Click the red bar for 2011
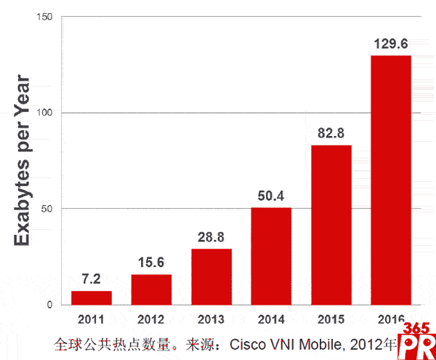pyautogui.click(x=92, y=297)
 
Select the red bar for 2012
pyautogui.click(x=151, y=289)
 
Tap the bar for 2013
pyautogui.click(x=211, y=276)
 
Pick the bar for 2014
pyautogui.click(x=271, y=256)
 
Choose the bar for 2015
pyautogui.click(x=331, y=225)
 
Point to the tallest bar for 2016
pyautogui.click(x=391, y=180)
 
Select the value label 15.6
pyautogui.click(x=151, y=263)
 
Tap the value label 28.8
pyautogui.click(x=211, y=238)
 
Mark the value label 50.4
pyautogui.click(x=271, y=196)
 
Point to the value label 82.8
pyautogui.click(x=331, y=134)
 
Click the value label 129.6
pyautogui.click(x=391, y=44)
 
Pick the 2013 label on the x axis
pyautogui.click(x=211, y=319)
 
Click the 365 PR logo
pyautogui.click(x=417, y=340)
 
